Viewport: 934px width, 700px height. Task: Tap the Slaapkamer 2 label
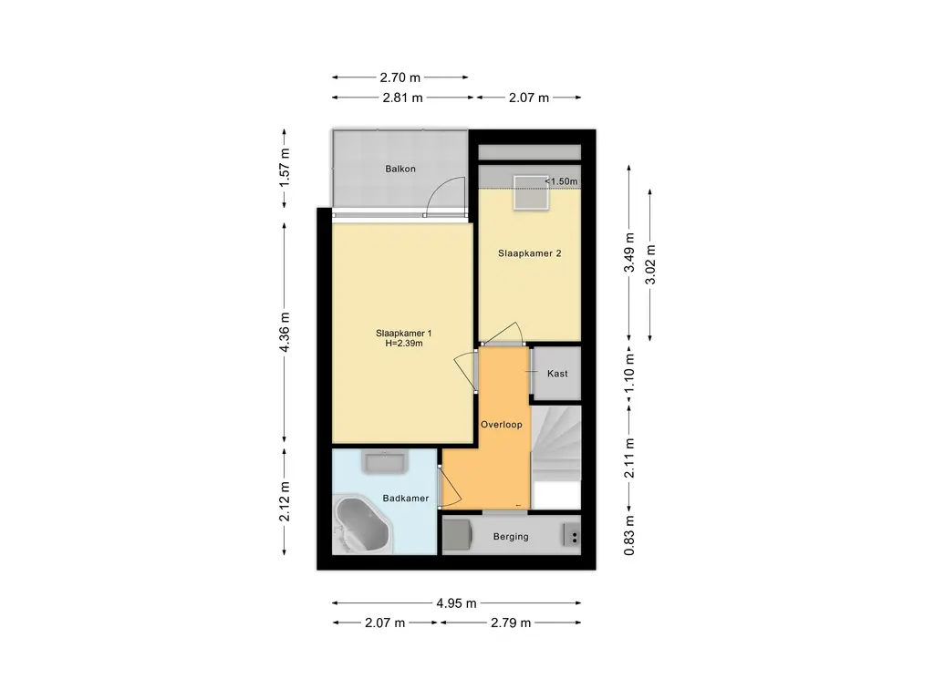pos(529,253)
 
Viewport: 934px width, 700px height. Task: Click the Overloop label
pos(503,425)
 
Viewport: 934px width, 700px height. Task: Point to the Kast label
pos(556,374)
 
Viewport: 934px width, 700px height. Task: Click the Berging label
pos(511,537)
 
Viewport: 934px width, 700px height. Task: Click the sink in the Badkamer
pos(385,463)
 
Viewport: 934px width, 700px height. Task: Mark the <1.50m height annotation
pos(562,181)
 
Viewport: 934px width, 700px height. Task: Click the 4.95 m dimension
pos(457,603)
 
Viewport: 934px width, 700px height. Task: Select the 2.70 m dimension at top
pos(402,77)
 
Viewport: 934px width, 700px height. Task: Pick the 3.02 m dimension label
pos(649,264)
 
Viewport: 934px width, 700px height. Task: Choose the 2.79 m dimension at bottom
pos(511,623)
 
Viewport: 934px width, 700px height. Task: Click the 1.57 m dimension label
pos(285,169)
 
